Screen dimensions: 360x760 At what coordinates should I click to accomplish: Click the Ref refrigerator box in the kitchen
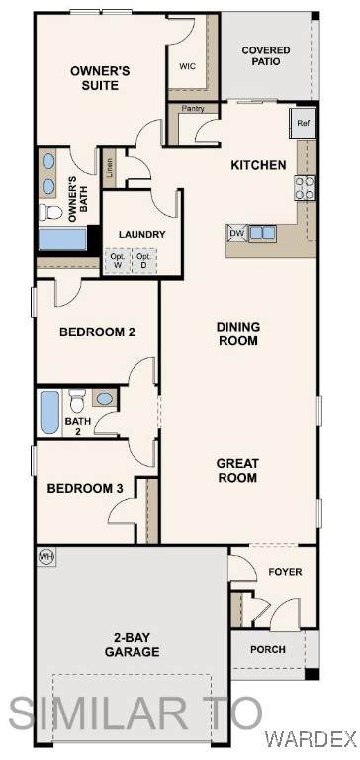tap(303, 123)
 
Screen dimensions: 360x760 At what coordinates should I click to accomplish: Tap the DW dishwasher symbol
tap(237, 234)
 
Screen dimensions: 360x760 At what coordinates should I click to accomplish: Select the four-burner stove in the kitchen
tap(306, 188)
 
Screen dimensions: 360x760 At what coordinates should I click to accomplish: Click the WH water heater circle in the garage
tap(47, 556)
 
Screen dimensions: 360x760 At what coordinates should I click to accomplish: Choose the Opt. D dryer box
tap(144, 261)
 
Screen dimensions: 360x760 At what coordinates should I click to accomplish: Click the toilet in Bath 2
tap(77, 401)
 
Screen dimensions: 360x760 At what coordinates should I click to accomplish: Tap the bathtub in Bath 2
tap(49, 412)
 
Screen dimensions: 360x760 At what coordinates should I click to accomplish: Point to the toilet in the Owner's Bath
tap(50, 212)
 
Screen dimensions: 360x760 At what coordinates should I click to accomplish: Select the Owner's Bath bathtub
tap(63, 239)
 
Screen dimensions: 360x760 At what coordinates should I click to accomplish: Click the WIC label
tap(188, 66)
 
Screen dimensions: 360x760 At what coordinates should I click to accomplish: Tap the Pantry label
tap(193, 109)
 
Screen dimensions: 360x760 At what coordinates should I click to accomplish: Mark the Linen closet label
tap(110, 167)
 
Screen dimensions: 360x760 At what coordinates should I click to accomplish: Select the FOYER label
tap(285, 572)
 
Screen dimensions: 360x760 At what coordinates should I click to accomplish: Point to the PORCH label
tap(268, 649)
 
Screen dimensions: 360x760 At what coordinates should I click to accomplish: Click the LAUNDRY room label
tap(142, 235)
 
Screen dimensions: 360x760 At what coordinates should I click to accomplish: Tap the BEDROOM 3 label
tap(85, 489)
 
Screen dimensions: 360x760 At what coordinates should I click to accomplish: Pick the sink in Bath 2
tap(104, 399)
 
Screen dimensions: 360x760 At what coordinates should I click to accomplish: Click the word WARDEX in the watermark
tap(311, 739)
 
